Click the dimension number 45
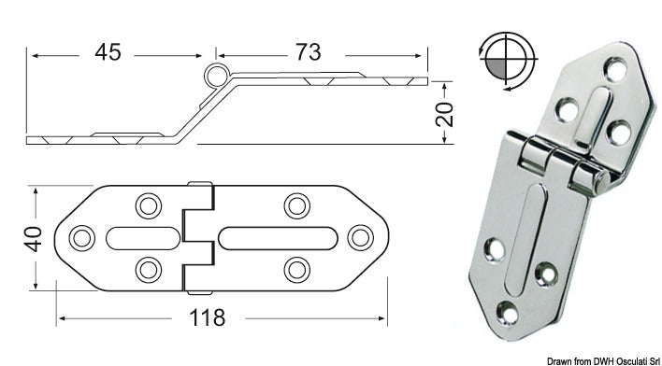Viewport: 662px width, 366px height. coord(108,53)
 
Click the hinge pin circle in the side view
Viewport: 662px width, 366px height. coord(216,77)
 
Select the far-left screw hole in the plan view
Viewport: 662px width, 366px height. coord(81,237)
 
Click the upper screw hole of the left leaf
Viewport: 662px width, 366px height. coord(147,204)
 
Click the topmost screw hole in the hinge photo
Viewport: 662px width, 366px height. coord(614,67)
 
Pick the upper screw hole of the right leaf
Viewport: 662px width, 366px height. coord(297,204)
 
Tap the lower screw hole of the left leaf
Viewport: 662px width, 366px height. coord(147,271)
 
